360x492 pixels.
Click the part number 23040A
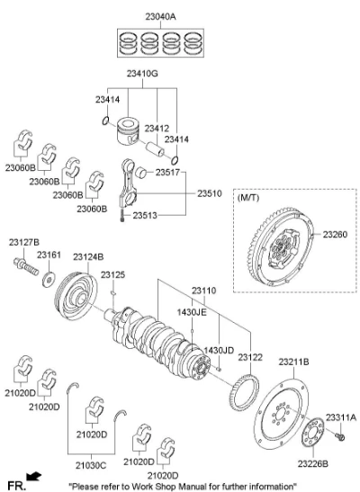[160, 16]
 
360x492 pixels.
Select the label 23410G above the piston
[142, 74]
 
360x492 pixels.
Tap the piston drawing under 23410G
[128, 130]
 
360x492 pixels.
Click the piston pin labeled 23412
[155, 149]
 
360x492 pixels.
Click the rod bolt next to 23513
[122, 216]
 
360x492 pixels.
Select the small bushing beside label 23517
[141, 173]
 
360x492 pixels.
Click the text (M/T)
[248, 198]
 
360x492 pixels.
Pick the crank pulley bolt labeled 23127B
[26, 267]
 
